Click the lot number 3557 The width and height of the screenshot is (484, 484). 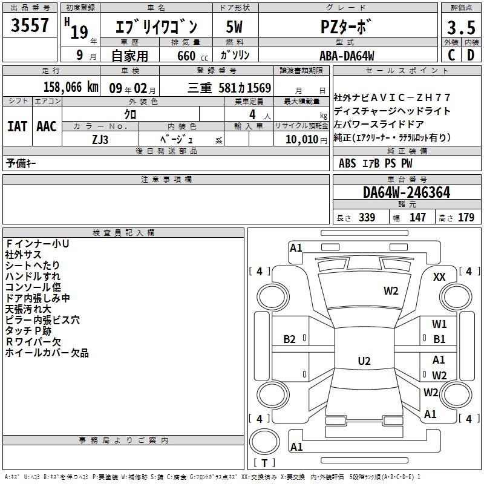point(30,26)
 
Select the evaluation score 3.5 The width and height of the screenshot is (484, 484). point(460,28)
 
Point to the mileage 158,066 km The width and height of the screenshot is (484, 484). point(71,87)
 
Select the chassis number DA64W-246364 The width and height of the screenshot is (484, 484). point(407,193)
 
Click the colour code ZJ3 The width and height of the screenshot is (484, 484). point(100,139)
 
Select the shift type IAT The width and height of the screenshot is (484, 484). point(17,126)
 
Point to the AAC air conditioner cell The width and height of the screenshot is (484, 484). point(47,126)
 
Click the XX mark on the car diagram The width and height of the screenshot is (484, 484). point(440,276)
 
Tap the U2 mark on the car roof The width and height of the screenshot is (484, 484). point(364,361)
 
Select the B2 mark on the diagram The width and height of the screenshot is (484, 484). point(290,339)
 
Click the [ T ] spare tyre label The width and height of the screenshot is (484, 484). point(264,463)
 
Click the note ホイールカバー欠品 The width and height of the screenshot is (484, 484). point(47,353)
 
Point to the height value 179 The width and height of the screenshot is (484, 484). point(466,218)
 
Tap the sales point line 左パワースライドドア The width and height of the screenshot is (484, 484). point(384,124)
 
